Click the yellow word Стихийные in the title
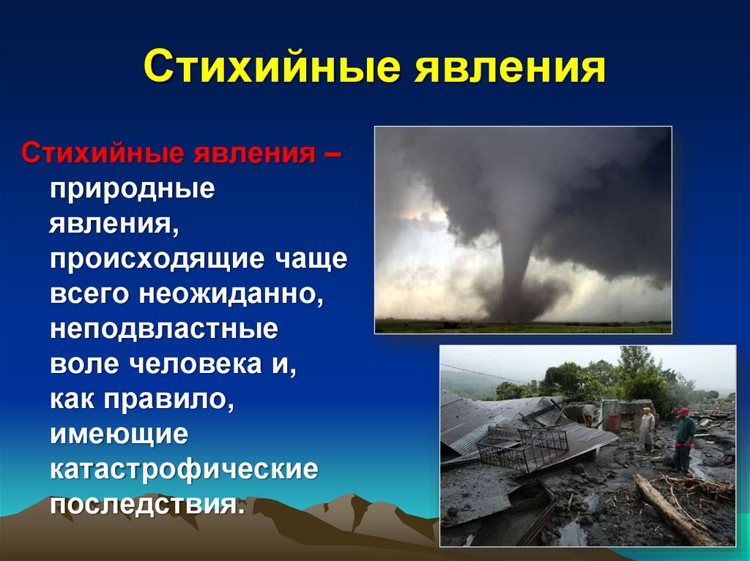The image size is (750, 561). [x=272, y=67]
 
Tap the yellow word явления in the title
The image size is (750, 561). [x=510, y=67]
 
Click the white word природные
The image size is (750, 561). [x=133, y=190]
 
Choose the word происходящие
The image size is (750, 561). [x=157, y=260]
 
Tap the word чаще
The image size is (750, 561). [x=311, y=260]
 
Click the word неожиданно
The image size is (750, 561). [x=231, y=293]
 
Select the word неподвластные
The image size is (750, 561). [x=164, y=328]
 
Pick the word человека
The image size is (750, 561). [x=196, y=364]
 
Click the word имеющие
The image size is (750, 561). [x=119, y=435]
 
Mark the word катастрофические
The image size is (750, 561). [x=184, y=470]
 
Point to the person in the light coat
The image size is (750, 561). [x=647, y=428]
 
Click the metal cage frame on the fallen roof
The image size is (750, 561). [x=522, y=448]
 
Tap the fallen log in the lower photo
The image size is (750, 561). [x=670, y=508]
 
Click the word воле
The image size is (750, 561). [x=84, y=364]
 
